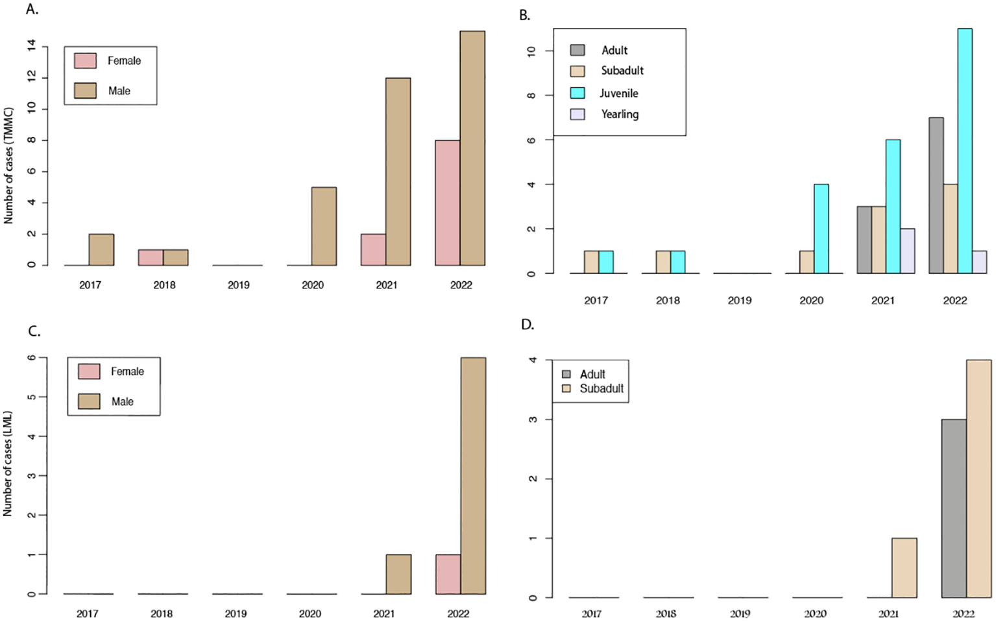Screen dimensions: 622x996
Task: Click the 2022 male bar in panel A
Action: pos(472,148)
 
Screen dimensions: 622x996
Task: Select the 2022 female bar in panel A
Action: pos(448,203)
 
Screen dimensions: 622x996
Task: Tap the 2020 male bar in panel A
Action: pos(324,226)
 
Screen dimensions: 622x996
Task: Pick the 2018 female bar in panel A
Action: pos(151,257)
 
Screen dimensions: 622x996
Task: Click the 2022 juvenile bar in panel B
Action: pos(965,151)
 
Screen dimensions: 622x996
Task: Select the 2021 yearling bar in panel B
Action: pos(907,251)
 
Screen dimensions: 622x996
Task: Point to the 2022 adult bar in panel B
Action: pos(936,195)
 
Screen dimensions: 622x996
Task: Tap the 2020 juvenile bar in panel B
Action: pos(821,229)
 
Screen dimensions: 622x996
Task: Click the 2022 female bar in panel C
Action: pos(448,574)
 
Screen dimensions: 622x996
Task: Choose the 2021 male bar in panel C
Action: pos(398,574)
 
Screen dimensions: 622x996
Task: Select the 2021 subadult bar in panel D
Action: pos(905,567)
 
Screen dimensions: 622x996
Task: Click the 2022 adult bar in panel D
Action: pos(954,508)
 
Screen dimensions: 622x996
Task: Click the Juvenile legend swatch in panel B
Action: pos(577,93)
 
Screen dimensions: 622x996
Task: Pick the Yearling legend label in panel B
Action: pos(620,114)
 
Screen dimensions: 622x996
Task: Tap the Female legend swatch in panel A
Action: pos(85,60)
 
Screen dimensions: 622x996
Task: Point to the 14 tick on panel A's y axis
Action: pos(31,45)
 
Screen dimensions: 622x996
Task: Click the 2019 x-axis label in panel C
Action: pos(236,614)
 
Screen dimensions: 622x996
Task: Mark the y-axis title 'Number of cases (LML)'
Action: pos(8,464)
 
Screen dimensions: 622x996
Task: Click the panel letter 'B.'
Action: pos(524,16)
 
